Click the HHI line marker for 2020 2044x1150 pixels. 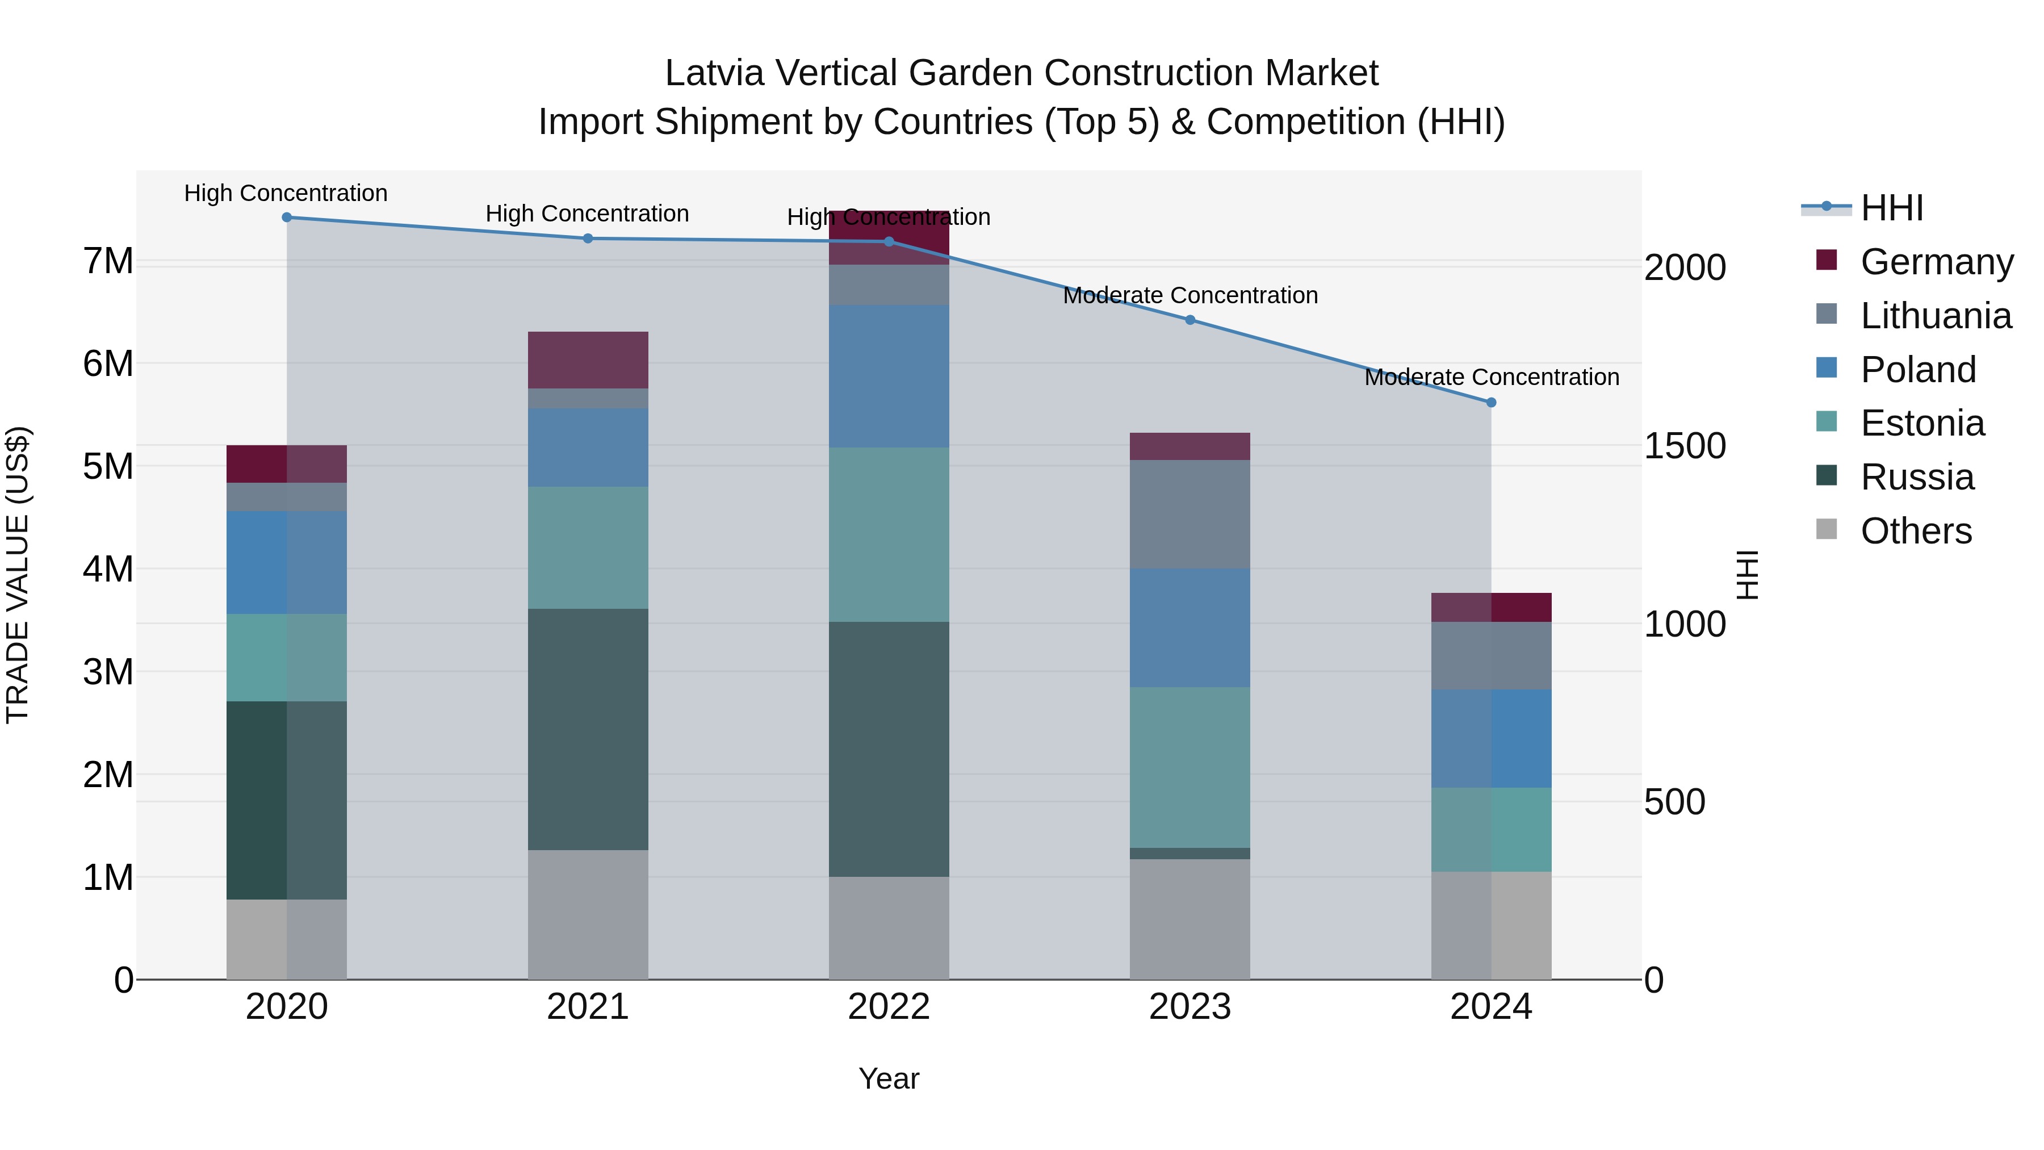287,218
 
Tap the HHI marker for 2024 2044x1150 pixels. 1491,403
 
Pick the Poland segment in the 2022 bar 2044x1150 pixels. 889,376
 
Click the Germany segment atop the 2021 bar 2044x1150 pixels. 588,359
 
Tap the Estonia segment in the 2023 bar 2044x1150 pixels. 1189,767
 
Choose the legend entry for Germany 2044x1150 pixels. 1936,262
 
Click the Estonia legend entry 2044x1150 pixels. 1922,423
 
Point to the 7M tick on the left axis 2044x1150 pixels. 108,261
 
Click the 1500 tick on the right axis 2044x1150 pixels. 1685,445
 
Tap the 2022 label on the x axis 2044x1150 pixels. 889,1007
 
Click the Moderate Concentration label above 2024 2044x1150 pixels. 1491,377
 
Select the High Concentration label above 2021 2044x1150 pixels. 587,214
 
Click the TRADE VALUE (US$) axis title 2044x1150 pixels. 18,575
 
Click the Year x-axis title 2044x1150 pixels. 889,1078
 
